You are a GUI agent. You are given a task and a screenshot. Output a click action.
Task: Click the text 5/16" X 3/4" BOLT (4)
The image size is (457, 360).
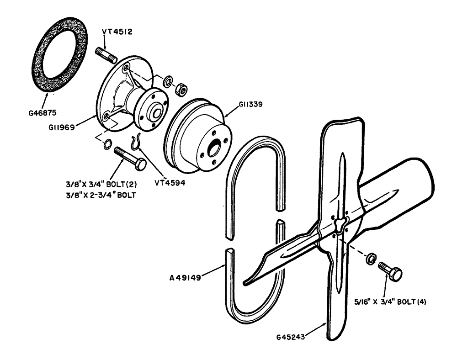coord(390,302)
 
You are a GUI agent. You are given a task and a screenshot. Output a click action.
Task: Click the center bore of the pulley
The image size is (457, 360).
coord(214,149)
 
